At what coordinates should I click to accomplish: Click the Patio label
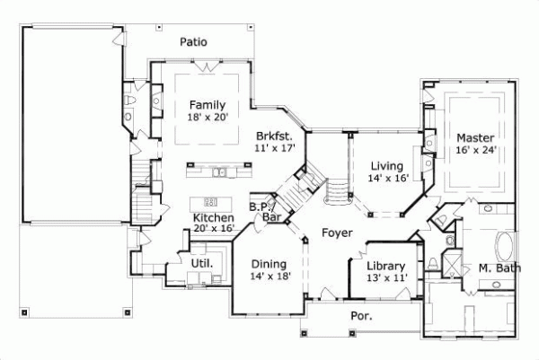pos(193,40)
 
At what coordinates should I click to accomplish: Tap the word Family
pos(208,105)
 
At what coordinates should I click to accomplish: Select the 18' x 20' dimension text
pos(208,118)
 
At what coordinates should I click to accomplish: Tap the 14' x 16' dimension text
pos(388,178)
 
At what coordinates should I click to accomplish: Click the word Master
pos(473,137)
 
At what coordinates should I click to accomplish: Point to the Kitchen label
pos(214,217)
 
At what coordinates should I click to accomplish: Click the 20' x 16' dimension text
pos(214,229)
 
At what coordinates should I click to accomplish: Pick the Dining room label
pos(268,264)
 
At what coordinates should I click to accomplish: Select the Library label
pos(385,267)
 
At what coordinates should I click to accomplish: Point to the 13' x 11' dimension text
pos(387,279)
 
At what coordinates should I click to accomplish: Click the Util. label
pos(201,263)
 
